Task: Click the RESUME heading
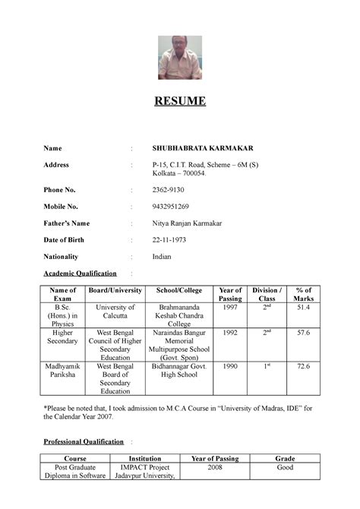[180, 101]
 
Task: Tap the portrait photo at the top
[180, 58]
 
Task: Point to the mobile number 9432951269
[171, 206]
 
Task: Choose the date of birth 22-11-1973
[169, 239]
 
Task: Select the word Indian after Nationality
[162, 256]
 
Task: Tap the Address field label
[57, 164]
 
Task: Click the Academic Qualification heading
[80, 273]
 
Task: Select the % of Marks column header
[304, 294]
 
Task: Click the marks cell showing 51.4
[304, 306]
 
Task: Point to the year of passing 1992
[230, 332]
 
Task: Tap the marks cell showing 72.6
[304, 366]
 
